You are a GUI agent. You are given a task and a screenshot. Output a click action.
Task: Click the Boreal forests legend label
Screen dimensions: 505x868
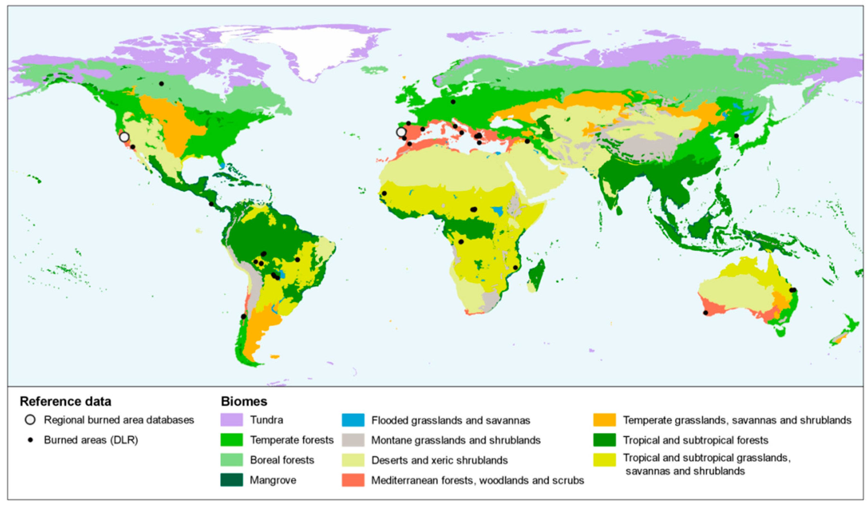[x=282, y=460]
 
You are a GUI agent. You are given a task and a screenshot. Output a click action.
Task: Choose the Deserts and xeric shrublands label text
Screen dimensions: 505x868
[x=439, y=460]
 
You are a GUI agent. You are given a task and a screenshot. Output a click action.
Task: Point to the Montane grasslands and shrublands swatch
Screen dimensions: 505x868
[x=353, y=440]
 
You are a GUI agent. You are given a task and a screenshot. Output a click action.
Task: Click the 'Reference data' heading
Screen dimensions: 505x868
[x=65, y=401]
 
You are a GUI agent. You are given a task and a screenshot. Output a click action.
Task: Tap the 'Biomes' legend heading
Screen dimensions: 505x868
[x=244, y=401]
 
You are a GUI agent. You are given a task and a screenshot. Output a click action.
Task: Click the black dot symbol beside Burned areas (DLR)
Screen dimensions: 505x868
[x=30, y=440]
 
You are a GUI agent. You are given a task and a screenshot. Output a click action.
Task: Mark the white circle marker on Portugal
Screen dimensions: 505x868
[x=401, y=132]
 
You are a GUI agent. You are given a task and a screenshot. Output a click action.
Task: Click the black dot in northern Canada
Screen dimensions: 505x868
[x=161, y=84]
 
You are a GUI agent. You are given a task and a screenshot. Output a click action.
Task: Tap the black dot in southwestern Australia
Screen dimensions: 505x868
[x=705, y=313]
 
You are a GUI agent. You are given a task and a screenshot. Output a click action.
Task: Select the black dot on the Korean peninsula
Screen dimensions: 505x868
[x=736, y=136]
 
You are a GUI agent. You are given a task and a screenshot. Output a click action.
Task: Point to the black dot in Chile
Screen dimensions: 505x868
[x=243, y=316]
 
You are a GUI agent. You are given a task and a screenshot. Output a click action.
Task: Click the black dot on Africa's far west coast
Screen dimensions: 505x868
[x=384, y=193]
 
